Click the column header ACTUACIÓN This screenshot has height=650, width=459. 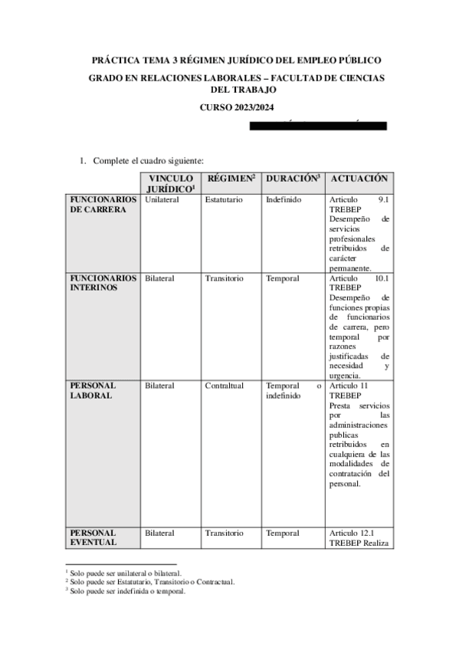point(359,178)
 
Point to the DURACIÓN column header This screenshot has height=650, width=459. point(293,178)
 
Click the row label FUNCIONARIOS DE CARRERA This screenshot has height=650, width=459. point(103,205)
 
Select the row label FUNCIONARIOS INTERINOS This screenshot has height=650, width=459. point(103,283)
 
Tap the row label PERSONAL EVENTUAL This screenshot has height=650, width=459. point(93,537)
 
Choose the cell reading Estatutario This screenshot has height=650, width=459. point(224,199)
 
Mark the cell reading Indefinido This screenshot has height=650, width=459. point(284,199)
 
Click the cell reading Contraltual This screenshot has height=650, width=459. point(224,386)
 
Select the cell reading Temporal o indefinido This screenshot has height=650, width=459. point(293,390)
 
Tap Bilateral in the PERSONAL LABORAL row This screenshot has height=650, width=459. point(159,386)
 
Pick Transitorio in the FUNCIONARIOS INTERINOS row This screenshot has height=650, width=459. point(224,278)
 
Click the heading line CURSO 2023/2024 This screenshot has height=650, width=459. point(236,108)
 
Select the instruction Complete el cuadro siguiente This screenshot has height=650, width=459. point(148,160)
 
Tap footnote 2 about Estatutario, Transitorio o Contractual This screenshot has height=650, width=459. point(150,582)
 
